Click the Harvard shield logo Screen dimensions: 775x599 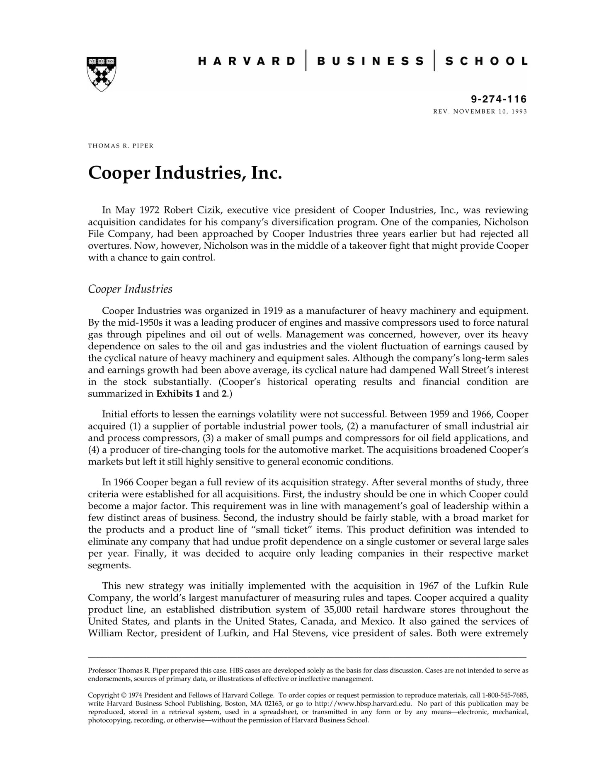coord(101,74)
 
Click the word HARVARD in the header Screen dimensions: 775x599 coord(247,61)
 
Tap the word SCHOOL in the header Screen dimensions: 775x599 coord(486,61)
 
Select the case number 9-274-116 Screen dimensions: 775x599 coord(499,99)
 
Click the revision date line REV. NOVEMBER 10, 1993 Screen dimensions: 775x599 coord(480,111)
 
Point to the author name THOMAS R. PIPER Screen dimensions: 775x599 coord(121,146)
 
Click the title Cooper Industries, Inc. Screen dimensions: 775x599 coord(185,172)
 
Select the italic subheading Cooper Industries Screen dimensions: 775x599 coord(130,289)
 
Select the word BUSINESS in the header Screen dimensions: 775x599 coord(370,61)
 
